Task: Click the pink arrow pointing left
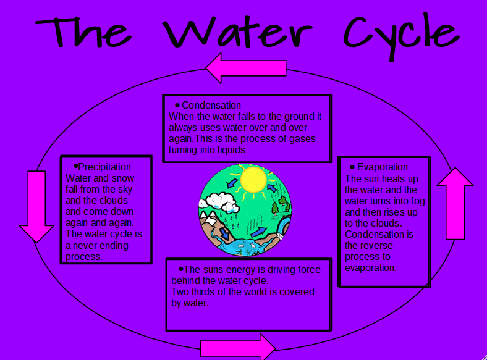(245, 68)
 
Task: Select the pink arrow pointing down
(37, 206)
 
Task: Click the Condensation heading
(211, 106)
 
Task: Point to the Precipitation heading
(104, 167)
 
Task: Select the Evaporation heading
(382, 167)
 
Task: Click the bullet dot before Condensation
(177, 106)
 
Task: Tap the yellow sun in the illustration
(253, 179)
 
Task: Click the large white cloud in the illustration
(216, 200)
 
